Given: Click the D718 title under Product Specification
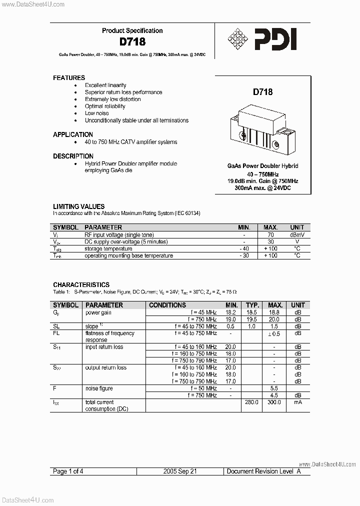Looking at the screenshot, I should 132,42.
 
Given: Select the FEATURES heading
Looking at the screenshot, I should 69,78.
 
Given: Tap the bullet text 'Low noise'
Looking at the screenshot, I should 96,113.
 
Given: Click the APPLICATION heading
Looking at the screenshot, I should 73,135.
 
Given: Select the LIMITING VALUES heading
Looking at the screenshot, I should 79,206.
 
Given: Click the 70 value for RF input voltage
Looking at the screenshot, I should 270,234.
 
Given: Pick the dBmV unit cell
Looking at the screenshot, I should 297,234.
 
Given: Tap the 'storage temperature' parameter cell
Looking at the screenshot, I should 107,248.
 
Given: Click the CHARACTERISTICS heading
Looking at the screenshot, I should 81,285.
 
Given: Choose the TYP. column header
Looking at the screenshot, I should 251,305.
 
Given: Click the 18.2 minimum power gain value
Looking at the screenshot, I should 230,312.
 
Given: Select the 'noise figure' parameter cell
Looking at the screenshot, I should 99,388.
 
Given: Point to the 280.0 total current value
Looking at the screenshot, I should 251,402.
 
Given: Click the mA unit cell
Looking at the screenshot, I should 297,402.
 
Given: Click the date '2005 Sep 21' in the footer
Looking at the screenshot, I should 180,471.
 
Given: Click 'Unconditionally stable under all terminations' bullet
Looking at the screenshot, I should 136,120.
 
